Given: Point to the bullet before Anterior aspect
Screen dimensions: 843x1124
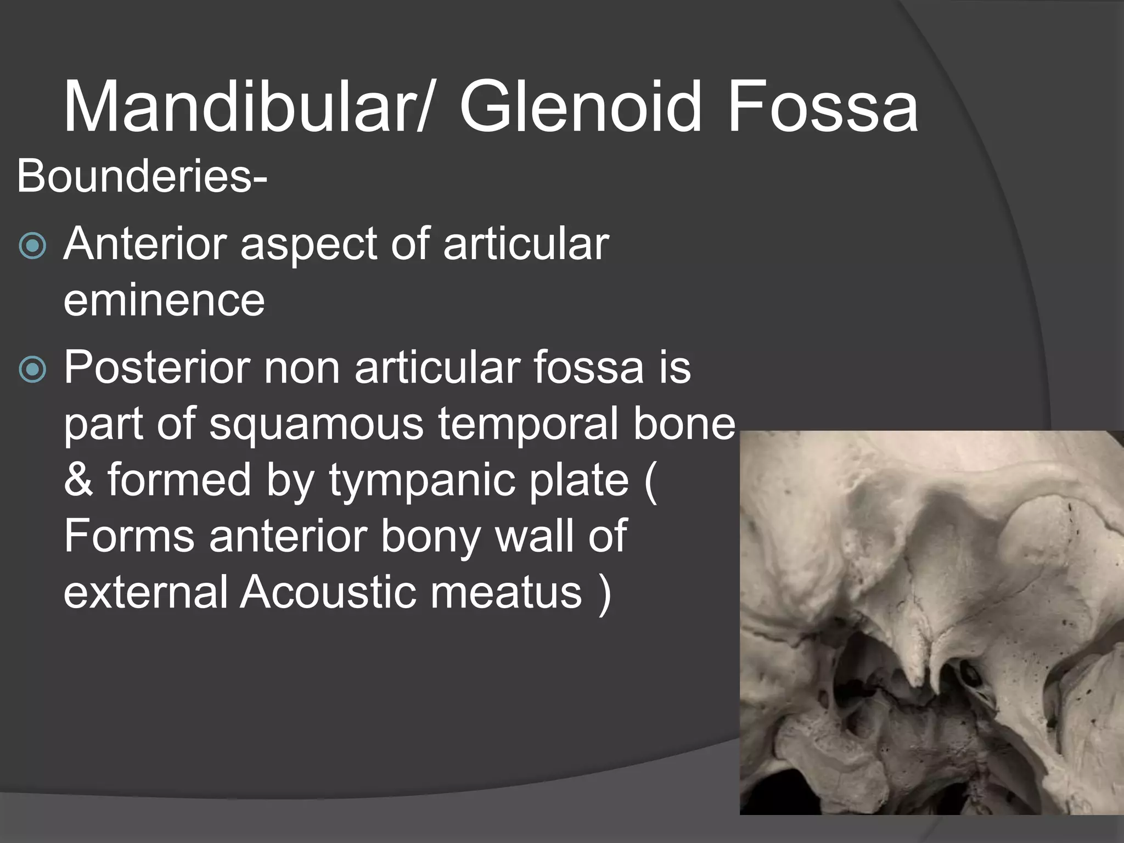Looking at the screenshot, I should (32, 247).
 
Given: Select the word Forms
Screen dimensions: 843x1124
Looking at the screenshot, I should (129, 536).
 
